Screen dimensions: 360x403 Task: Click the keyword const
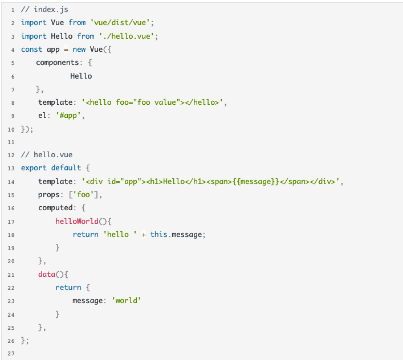[31, 50]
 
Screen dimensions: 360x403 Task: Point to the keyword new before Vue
[79, 50]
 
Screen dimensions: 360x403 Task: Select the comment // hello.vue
[47, 155]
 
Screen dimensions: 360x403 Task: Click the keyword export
[34, 168]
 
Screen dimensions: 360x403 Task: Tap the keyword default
[66, 168]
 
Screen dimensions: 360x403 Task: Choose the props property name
[48, 195]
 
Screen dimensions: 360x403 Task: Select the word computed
[55, 208]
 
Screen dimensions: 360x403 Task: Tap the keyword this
[159, 235]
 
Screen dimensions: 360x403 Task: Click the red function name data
[47, 274]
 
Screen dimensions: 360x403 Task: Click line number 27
[11, 353]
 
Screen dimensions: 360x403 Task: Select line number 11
[11, 142]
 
